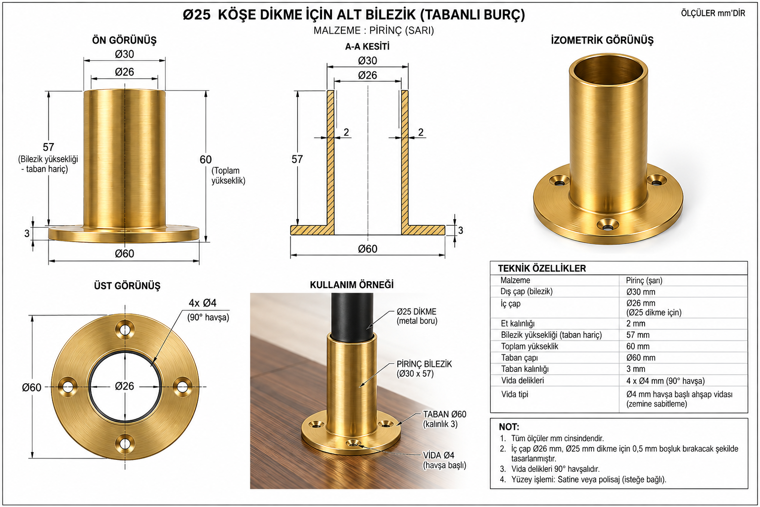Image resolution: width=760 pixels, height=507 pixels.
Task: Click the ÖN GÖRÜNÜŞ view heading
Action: (x=124, y=40)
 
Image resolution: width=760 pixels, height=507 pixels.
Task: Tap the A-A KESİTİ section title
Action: (x=367, y=47)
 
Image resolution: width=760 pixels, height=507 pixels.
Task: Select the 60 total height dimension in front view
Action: (x=205, y=159)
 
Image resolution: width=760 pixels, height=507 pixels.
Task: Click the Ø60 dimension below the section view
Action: (x=368, y=249)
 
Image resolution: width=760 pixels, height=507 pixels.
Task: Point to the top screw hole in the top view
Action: (x=125, y=329)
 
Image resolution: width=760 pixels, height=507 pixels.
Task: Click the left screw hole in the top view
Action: (x=68, y=387)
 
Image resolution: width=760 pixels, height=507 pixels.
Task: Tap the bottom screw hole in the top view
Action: (x=125, y=444)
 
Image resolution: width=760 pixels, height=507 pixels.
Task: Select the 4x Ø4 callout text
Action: (x=202, y=303)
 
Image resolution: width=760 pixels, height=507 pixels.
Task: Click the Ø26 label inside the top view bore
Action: (x=124, y=386)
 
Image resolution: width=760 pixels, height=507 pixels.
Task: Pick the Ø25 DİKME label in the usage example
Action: (x=417, y=311)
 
